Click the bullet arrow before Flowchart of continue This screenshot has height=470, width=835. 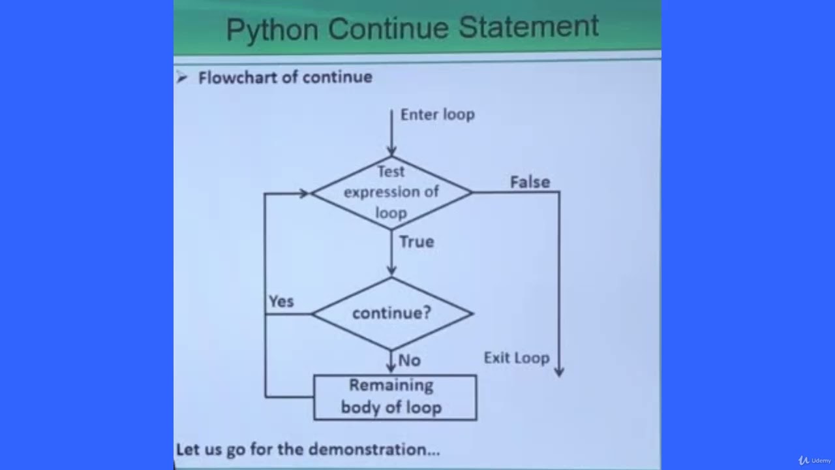(x=182, y=78)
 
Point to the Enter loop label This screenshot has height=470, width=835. (x=437, y=114)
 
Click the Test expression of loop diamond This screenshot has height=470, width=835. (x=391, y=193)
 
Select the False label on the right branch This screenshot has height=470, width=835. (x=530, y=182)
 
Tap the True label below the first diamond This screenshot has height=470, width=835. (x=416, y=242)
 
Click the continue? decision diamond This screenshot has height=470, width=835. (x=391, y=313)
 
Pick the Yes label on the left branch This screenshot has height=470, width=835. (x=281, y=302)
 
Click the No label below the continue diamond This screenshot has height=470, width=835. (x=409, y=360)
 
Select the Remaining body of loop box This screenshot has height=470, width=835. (x=395, y=397)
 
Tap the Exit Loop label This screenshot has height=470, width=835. (x=517, y=358)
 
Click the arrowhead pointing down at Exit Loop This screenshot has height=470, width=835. (x=559, y=371)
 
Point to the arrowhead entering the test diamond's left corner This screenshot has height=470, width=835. (x=304, y=193)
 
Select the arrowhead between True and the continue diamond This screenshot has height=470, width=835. (x=391, y=271)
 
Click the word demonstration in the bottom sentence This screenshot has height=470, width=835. (x=374, y=449)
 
